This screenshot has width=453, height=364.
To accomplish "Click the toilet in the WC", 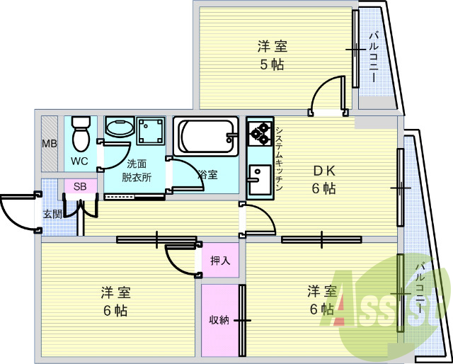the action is [x=81, y=134].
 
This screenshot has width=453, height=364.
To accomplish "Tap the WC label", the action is [x=81, y=161].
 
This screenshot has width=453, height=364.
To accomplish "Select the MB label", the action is [x=50, y=143].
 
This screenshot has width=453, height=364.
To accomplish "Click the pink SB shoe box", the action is [x=80, y=186].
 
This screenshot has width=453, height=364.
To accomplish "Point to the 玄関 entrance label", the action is [x=52, y=215].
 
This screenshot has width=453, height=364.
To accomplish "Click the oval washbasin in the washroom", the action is [x=120, y=126].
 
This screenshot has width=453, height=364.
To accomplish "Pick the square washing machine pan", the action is [x=151, y=131].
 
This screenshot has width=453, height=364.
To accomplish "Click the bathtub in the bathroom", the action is [x=205, y=136].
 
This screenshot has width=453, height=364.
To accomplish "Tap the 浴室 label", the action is [x=207, y=175].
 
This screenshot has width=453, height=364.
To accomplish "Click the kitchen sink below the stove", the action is [x=260, y=179].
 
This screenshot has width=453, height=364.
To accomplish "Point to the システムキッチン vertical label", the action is [x=279, y=158].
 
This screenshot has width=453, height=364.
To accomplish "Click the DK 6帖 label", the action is [x=323, y=181].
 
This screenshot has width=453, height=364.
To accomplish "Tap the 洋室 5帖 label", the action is [x=272, y=56].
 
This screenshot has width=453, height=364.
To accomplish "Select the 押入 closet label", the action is [x=220, y=261].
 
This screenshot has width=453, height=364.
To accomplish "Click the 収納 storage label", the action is [x=219, y=320].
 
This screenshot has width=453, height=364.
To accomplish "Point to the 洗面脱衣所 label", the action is [x=137, y=171].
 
